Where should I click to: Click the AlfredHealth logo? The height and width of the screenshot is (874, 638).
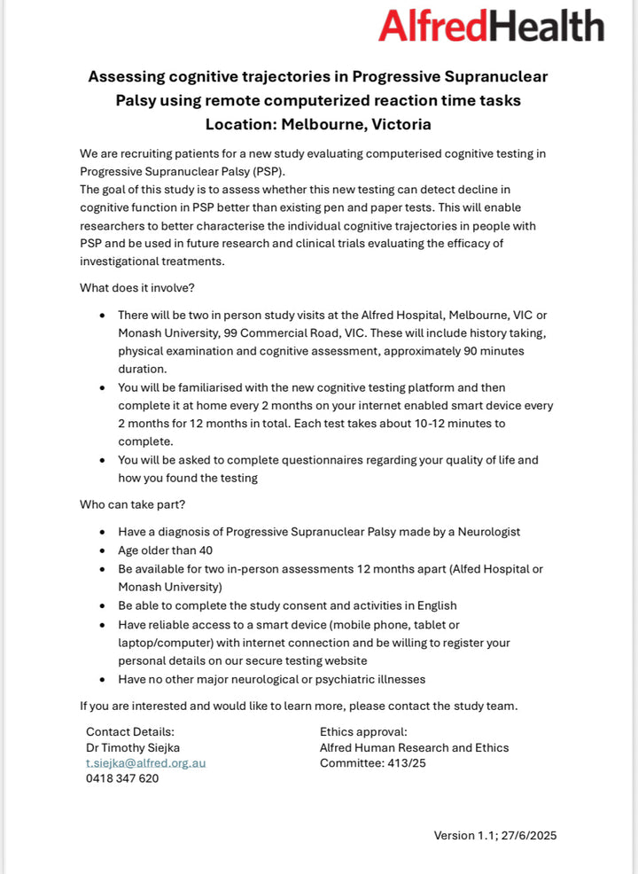491,26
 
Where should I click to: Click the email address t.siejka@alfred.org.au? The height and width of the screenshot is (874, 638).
145,762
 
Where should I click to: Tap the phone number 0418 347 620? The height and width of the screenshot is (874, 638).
122,778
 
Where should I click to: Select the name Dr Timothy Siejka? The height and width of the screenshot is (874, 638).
133,747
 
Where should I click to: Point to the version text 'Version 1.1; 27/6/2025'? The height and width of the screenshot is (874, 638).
494,835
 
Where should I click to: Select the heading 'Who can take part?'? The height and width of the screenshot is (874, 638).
133,504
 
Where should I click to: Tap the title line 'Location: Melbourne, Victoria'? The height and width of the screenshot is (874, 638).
318,124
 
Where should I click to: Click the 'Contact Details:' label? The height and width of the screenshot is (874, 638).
130,731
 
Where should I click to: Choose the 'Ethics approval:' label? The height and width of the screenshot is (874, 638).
363,731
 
